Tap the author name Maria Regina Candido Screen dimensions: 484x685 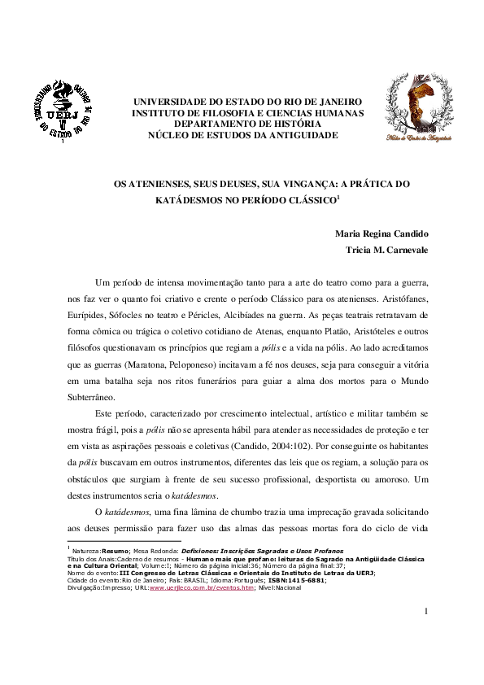[x=382, y=234]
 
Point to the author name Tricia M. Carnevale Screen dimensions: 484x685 [x=387, y=250]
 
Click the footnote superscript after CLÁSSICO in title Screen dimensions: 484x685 [x=316, y=196]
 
